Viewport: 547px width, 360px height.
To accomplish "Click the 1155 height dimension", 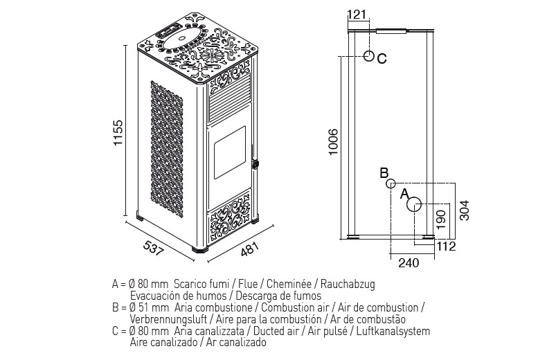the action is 118,133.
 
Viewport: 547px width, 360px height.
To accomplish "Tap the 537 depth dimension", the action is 153,248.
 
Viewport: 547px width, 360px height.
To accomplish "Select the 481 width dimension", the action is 250,249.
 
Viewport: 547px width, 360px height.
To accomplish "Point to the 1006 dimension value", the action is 333,142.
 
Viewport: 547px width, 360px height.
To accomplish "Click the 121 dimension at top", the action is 357,15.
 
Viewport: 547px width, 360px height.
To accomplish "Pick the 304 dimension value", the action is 465,210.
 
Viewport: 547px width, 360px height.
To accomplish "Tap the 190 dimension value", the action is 441,219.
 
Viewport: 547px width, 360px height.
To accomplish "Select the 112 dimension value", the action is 446,246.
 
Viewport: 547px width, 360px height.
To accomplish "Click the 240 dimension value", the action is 409,262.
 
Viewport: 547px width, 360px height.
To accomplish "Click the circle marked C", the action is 369,56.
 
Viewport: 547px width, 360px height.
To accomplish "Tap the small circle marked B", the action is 391,183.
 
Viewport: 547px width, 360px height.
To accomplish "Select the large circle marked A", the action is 414,205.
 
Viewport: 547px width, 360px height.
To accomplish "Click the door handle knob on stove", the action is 255,163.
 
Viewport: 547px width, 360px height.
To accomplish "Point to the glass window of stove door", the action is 229,152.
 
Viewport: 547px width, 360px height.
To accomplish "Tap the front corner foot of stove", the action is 199,250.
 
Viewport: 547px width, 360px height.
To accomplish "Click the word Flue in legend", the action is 249,284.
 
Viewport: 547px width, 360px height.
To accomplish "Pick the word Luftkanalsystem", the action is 393,331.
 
